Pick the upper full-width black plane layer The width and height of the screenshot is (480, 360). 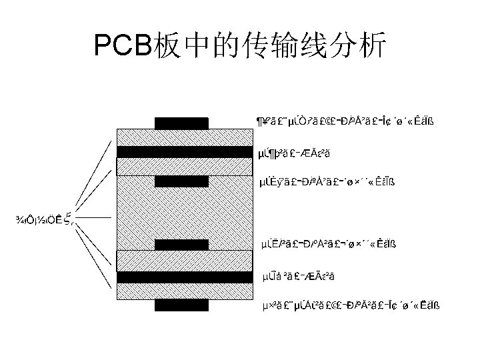[186, 152]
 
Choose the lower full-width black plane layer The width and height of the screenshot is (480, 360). [186, 277]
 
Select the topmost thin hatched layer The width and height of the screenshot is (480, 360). [186, 137]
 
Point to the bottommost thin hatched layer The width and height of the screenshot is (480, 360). [186, 292]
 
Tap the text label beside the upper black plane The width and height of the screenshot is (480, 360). [294, 154]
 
